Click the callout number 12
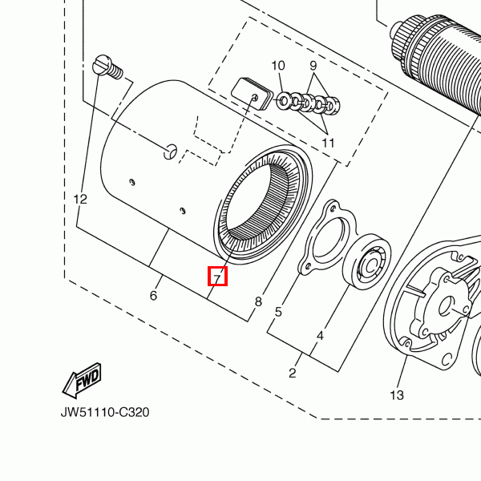point(79,199)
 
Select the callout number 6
point(153,296)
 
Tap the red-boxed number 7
point(217,277)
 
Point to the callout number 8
point(258,302)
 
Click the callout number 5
point(278,312)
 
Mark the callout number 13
point(397,395)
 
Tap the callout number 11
point(328,143)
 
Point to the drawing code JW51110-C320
point(104,413)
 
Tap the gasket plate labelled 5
point(324,240)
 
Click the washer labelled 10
point(284,101)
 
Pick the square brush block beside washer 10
point(249,91)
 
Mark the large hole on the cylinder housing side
point(170,150)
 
